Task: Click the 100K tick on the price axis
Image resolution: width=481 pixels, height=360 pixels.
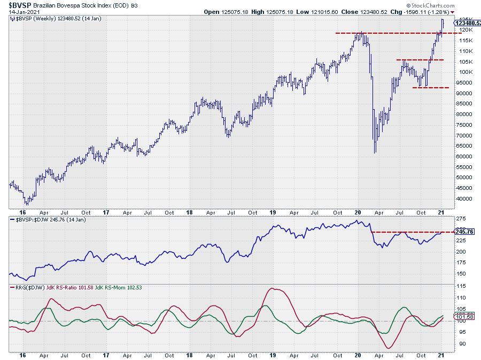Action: [463, 72]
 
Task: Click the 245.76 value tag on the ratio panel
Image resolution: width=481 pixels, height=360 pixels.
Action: [462, 232]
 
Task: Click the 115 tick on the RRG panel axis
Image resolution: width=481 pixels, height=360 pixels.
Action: [460, 286]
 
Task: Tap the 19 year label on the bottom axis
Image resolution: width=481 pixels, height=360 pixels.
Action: [273, 355]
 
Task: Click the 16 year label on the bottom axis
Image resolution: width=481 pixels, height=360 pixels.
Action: [22, 355]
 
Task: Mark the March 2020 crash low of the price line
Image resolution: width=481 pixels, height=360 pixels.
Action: [375, 152]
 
